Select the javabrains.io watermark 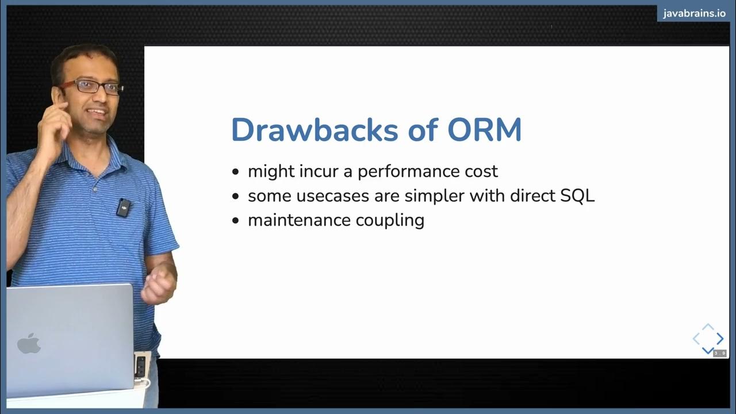(x=694, y=14)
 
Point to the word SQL (x=577, y=195)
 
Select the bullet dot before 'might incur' (x=235, y=172)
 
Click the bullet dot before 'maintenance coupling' (x=235, y=220)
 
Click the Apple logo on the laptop (x=29, y=343)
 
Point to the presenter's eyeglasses (x=92, y=87)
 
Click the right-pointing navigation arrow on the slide (x=720, y=339)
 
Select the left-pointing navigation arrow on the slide (x=696, y=339)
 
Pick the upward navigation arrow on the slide (x=708, y=327)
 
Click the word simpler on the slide (x=435, y=196)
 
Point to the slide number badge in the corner (x=720, y=353)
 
